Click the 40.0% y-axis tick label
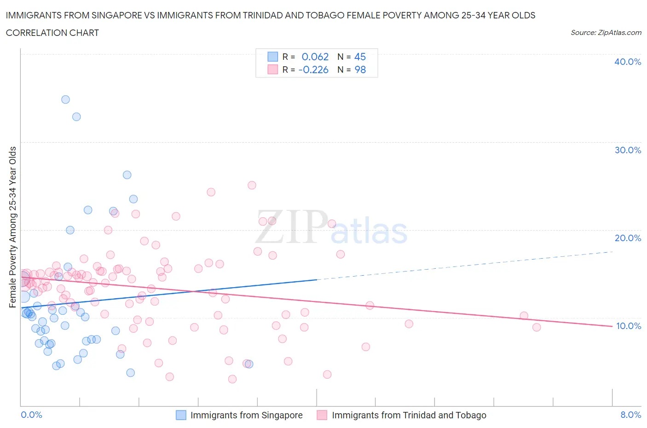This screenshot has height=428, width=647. pyautogui.click(x=627, y=62)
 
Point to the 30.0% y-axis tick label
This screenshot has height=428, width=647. pyautogui.click(x=627, y=150)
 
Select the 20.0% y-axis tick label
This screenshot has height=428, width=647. pyautogui.click(x=627, y=238)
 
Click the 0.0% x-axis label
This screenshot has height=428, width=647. pyautogui.click(x=31, y=415)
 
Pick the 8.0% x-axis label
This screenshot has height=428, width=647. pyautogui.click(x=630, y=415)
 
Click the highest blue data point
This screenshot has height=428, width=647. pyautogui.click(x=65, y=99)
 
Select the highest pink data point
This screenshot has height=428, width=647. pyautogui.click(x=252, y=185)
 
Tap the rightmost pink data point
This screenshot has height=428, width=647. pyautogui.click(x=537, y=327)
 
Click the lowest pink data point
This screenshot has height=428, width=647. pyautogui.click(x=232, y=379)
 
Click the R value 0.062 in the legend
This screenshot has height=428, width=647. pyautogui.click(x=315, y=57)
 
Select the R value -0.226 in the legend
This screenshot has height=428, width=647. pyautogui.click(x=313, y=69)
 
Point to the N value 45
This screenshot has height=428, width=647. pyautogui.click(x=360, y=57)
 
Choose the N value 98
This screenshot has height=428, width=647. pyautogui.click(x=360, y=69)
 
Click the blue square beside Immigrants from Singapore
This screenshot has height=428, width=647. pyautogui.click(x=181, y=415)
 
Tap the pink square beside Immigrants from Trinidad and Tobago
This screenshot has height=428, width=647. pyautogui.click(x=322, y=415)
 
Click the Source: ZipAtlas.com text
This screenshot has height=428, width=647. pyautogui.click(x=606, y=32)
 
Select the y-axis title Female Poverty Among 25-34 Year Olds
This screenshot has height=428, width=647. pyautogui.click(x=13, y=227)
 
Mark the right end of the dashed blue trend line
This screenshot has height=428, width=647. pyautogui.click(x=613, y=252)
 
